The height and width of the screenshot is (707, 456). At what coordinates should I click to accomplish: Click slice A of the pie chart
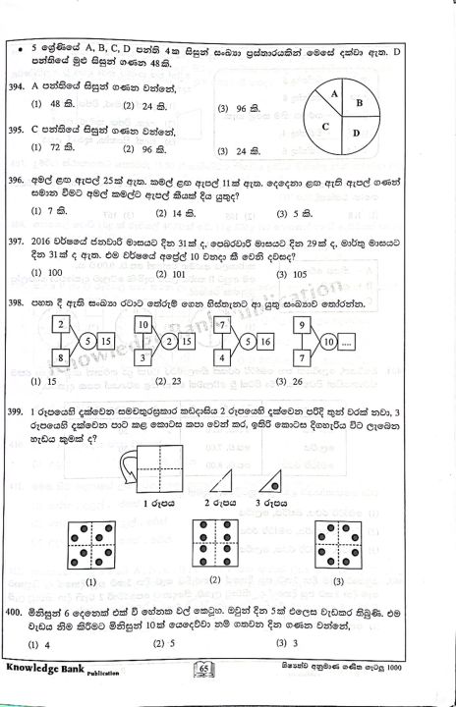(335, 94)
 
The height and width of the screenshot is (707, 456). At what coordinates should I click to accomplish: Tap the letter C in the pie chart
(323, 127)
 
